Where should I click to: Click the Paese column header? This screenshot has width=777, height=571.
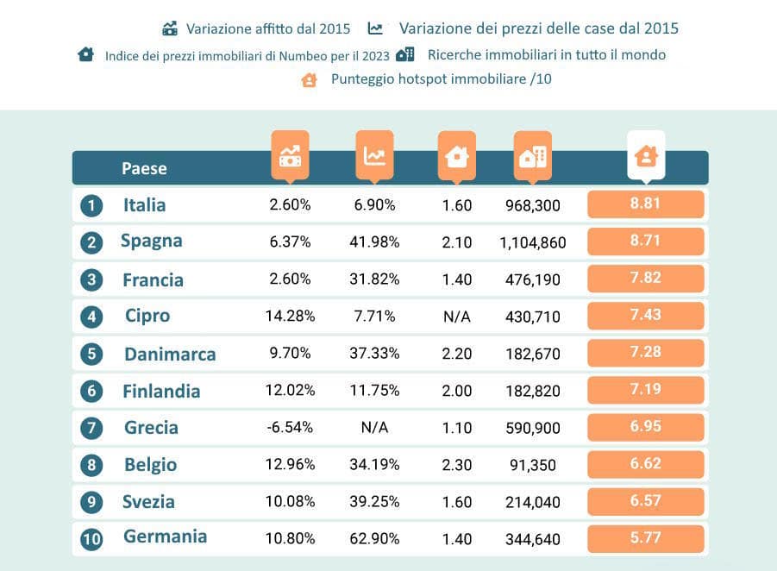(x=144, y=168)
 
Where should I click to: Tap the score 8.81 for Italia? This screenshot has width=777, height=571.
(x=645, y=204)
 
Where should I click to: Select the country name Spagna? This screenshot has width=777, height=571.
(x=152, y=241)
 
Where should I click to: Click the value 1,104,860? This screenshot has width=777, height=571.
(x=532, y=243)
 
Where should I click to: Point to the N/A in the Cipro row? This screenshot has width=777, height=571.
(x=456, y=317)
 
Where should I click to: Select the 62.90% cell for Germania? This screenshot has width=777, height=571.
(x=377, y=539)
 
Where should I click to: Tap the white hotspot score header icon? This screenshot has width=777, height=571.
(x=645, y=155)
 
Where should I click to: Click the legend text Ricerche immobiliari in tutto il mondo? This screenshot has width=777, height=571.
(x=546, y=54)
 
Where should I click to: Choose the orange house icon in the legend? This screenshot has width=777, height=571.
(x=309, y=79)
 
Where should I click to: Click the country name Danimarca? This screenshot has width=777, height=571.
(x=170, y=355)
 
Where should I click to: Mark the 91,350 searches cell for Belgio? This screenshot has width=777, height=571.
(x=532, y=465)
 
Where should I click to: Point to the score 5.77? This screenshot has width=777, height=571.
(x=645, y=537)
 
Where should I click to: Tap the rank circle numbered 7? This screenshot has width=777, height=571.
(x=91, y=428)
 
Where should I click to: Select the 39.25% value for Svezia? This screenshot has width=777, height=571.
(x=377, y=502)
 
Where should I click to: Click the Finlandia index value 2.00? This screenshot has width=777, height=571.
(x=456, y=391)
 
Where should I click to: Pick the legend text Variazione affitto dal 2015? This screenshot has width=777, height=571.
(x=268, y=28)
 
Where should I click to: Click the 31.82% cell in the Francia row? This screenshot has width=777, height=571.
(x=377, y=279)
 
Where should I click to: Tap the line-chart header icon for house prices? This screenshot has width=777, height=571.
(x=374, y=155)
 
